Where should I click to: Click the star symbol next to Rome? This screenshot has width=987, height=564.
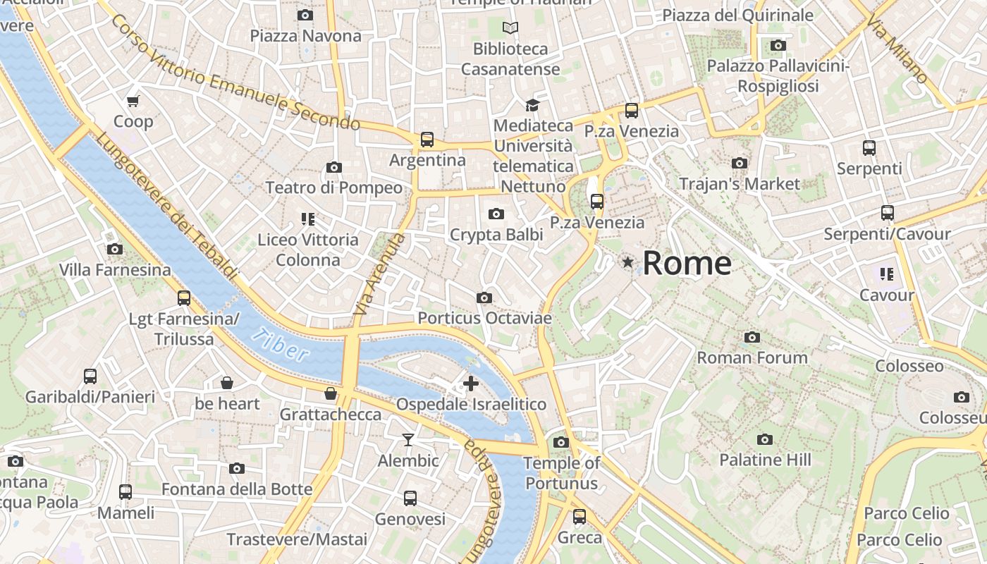pyautogui.click(x=627, y=262)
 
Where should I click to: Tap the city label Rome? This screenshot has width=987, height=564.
pyautogui.click(x=687, y=263)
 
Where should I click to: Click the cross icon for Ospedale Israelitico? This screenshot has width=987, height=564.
pyautogui.click(x=470, y=384)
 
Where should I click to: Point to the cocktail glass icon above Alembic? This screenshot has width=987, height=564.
pyautogui.click(x=408, y=440)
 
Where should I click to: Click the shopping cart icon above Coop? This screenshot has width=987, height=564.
pyautogui.click(x=133, y=101)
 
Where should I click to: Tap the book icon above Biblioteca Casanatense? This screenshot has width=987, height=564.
pyautogui.click(x=510, y=28)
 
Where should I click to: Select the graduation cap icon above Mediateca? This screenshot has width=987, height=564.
pyautogui.click(x=532, y=105)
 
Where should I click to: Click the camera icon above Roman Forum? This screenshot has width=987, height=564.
pyautogui.click(x=752, y=337)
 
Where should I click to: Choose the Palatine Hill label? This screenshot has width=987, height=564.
pyautogui.click(x=765, y=460)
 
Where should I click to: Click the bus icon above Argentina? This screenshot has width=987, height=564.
pyautogui.click(x=427, y=139)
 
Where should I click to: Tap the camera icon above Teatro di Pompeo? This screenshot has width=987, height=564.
pyautogui.click(x=334, y=167)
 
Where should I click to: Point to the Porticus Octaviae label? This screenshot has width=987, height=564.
pyautogui.click(x=484, y=318)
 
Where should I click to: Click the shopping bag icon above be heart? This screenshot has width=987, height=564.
pyautogui.click(x=227, y=383)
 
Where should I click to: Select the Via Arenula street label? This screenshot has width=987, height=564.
pyautogui.click(x=380, y=274)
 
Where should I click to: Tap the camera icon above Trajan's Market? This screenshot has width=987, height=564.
pyautogui.click(x=740, y=164)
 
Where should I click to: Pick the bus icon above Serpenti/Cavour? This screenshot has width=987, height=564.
pyautogui.click(x=887, y=212)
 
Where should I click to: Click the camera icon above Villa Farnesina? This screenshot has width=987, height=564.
pyautogui.click(x=115, y=249)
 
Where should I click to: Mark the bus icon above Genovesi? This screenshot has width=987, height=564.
pyautogui.click(x=410, y=498)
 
